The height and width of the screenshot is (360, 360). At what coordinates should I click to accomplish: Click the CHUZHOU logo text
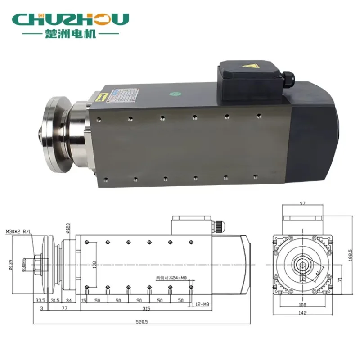click(x=71, y=19)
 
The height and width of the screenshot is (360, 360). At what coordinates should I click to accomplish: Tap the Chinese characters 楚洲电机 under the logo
click(x=71, y=34)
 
